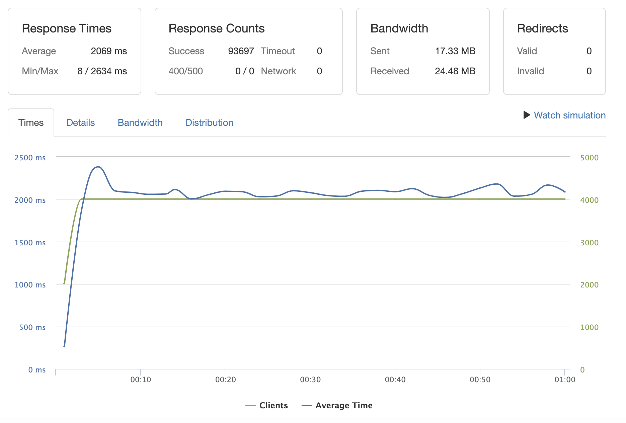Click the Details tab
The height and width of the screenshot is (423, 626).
pos(80,123)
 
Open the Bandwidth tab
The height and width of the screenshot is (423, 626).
pos(140,123)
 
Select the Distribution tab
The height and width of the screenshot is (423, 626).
pos(209,123)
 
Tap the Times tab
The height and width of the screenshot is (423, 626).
pos(31,123)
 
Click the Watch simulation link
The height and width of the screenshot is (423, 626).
pos(569,115)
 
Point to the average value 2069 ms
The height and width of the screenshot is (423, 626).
pos(109,51)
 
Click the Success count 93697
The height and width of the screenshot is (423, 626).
pos(241,51)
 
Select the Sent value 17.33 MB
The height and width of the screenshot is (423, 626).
pos(455,51)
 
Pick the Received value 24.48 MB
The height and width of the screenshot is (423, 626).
pos(455,71)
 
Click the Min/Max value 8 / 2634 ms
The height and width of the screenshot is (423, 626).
pos(102,71)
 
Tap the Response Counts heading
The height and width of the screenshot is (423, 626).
pos(216,29)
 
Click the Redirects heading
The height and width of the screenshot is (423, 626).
pos(542,29)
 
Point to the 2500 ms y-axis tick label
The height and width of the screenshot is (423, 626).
pos(30,158)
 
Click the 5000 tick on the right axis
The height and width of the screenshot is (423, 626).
pos(589,158)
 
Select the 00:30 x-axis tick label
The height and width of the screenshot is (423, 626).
pos(310,379)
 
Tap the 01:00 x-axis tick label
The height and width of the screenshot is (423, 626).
pos(565,379)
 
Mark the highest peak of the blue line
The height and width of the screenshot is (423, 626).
pos(98,167)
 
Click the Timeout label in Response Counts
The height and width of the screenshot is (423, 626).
pos(278,51)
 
